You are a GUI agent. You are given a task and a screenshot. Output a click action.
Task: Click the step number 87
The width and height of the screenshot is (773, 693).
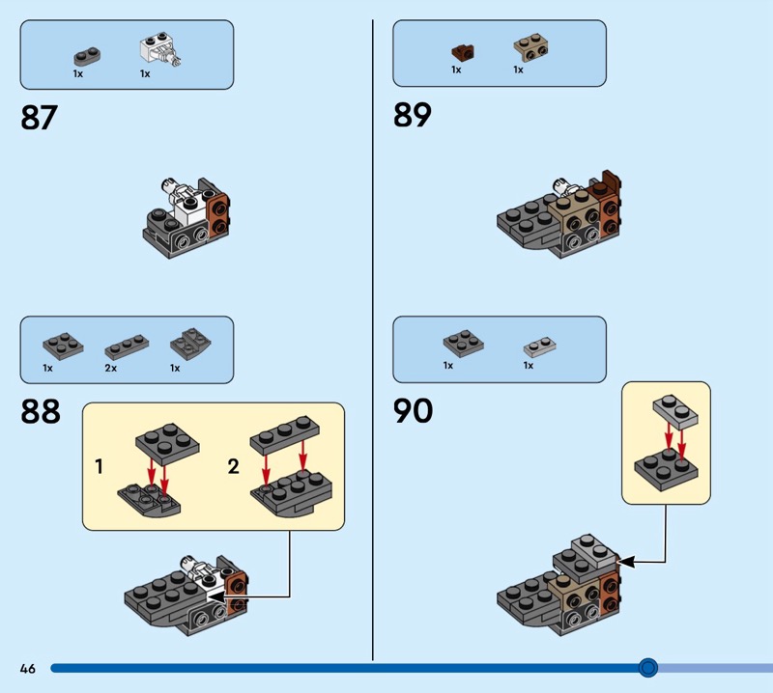point(39,119)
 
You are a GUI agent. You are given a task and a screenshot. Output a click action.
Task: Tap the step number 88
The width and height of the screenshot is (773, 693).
point(40,412)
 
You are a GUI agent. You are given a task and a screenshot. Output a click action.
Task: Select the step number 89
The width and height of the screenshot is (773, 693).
point(412,116)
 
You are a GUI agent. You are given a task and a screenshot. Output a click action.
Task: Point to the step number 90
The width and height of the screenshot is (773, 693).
point(413,412)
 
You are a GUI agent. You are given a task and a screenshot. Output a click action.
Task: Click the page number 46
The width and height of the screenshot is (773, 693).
point(27,668)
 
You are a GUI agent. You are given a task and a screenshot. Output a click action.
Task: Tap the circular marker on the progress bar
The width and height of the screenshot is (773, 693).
point(647,667)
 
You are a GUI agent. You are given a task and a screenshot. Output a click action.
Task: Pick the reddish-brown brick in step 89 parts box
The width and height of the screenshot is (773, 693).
point(461,51)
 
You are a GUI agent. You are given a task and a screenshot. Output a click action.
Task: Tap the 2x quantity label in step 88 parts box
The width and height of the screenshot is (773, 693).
point(110,368)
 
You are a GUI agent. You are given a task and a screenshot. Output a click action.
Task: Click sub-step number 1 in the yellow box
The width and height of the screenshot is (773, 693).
point(100,467)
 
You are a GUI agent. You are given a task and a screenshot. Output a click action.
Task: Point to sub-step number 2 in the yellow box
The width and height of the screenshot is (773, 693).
point(233,467)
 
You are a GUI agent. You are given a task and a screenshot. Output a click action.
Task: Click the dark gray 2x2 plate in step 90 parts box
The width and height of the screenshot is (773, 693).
point(463,343)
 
